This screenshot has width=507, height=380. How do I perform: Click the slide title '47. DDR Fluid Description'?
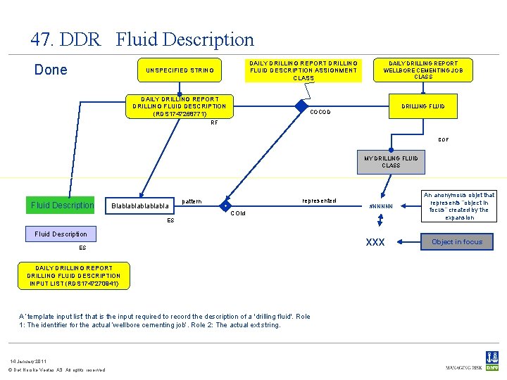[x=142, y=39]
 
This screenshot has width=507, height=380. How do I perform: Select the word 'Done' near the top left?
[x=51, y=70]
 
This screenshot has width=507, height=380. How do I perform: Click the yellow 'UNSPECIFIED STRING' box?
[x=180, y=70]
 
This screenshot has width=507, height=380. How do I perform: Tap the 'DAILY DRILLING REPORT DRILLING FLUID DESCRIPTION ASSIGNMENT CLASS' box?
[x=303, y=70]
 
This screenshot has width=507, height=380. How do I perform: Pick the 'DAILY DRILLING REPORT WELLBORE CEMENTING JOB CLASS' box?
[x=423, y=70]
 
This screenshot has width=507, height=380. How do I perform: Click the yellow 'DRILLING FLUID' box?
[x=423, y=106]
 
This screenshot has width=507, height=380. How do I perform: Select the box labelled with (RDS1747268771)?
[x=180, y=106]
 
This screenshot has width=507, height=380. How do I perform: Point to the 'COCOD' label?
[x=320, y=112]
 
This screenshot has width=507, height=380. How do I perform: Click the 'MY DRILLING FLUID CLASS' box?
[x=391, y=162]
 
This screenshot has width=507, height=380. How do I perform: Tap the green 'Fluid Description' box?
[x=62, y=205]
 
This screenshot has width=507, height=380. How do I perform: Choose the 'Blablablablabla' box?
[x=139, y=206]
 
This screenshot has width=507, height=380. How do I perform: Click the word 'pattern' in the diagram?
[x=192, y=202]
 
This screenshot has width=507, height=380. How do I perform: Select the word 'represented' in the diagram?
[x=318, y=201]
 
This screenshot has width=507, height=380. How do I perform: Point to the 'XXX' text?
[x=375, y=242]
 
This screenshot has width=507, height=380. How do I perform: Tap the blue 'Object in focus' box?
[x=457, y=242]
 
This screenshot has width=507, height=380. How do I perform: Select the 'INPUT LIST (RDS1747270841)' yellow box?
[x=73, y=276]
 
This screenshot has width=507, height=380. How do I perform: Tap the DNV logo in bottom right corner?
[x=492, y=360]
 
